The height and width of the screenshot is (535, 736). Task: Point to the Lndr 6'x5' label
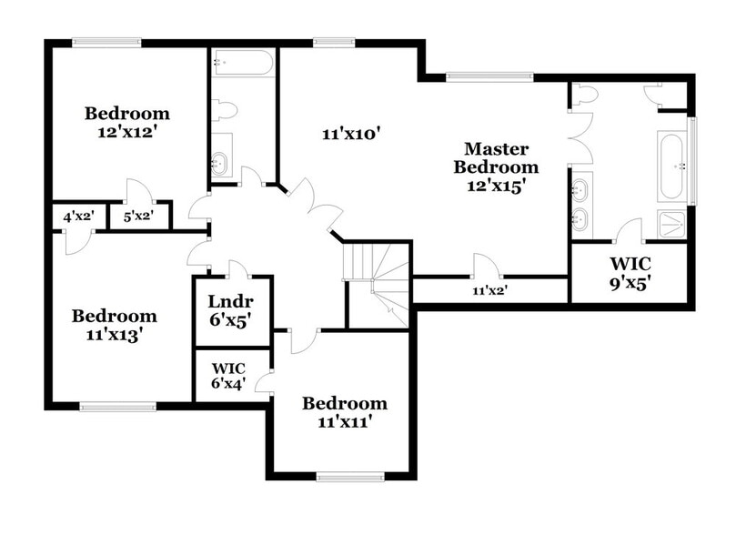(x=229, y=310)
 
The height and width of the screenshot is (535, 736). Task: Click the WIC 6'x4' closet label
(x=229, y=375)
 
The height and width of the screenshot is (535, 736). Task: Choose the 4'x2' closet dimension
(x=76, y=217)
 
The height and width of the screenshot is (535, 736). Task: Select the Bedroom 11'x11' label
(x=345, y=412)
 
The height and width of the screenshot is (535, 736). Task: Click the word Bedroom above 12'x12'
(x=127, y=114)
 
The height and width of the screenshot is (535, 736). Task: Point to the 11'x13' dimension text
(x=115, y=334)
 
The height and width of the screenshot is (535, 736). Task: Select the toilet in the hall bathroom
(x=225, y=110)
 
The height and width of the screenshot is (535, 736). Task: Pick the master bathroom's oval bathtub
(x=674, y=167)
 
